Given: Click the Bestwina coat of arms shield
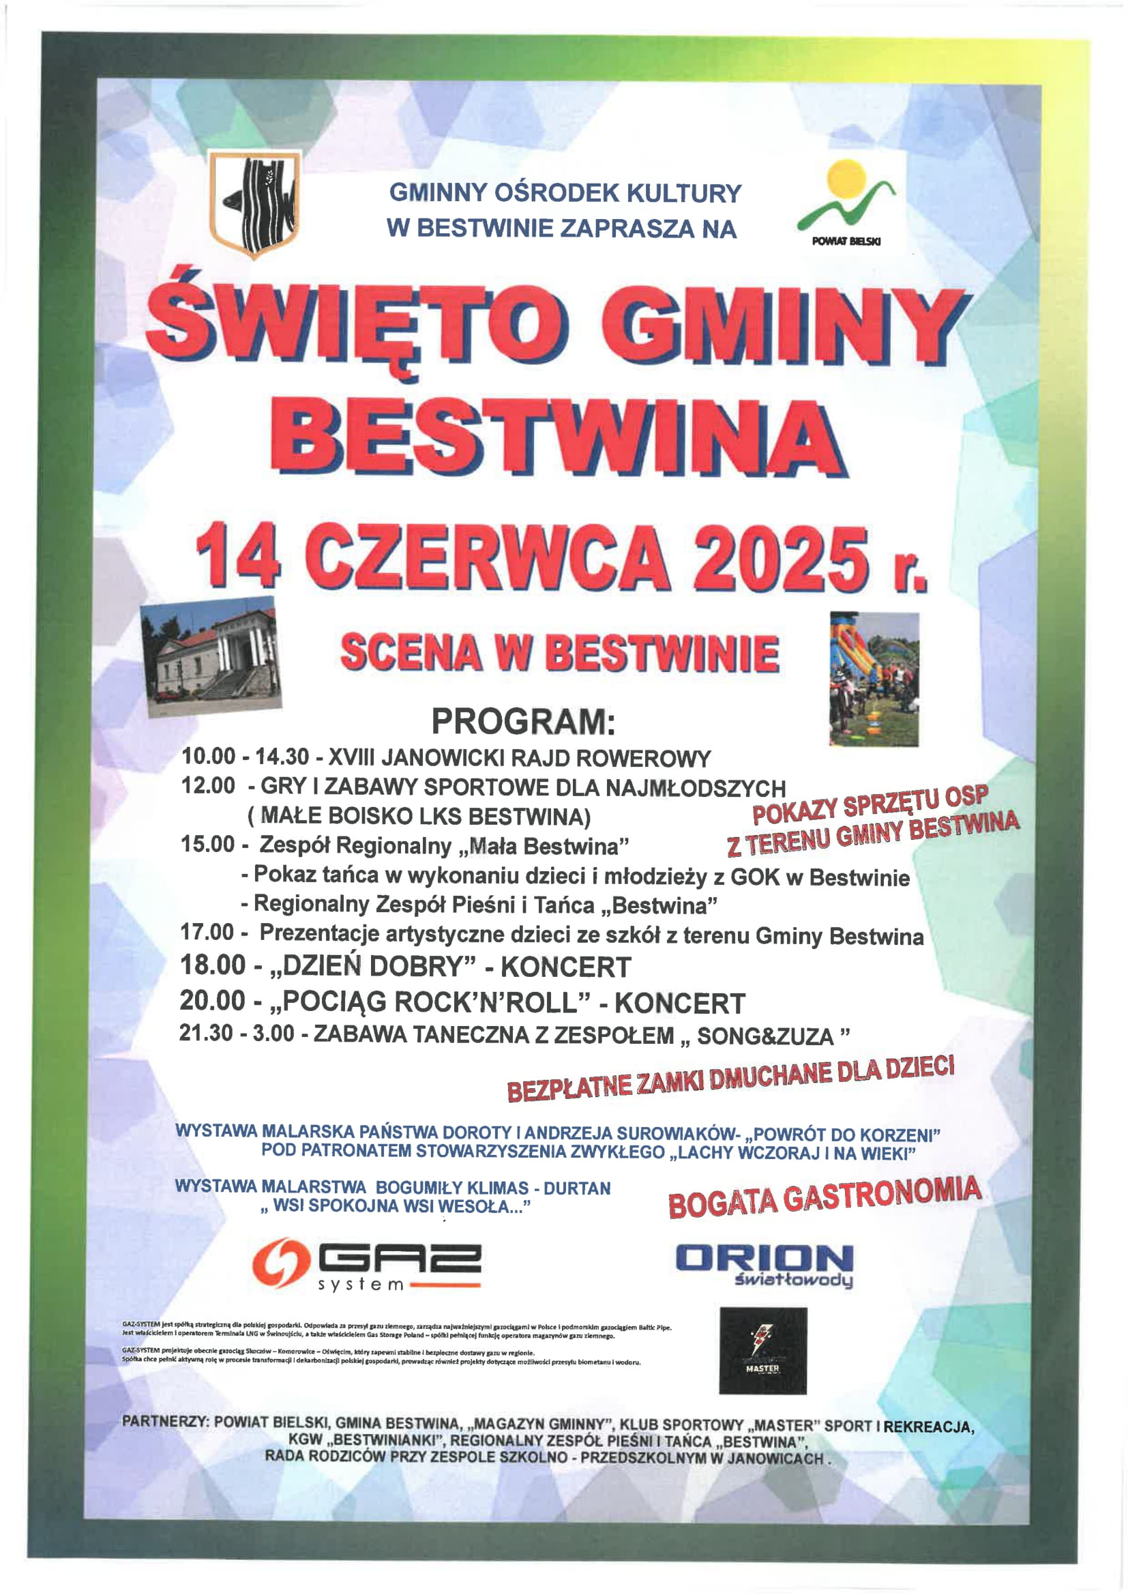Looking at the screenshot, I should point(256,205).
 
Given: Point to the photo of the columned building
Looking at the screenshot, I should point(211,656).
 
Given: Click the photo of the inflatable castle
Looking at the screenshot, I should point(874,679).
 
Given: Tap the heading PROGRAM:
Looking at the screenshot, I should point(523,722).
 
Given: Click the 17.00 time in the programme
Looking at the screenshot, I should point(207,933).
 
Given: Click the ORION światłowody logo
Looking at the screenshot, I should point(764,1265).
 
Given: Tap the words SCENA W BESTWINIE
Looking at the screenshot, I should point(559,654).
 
